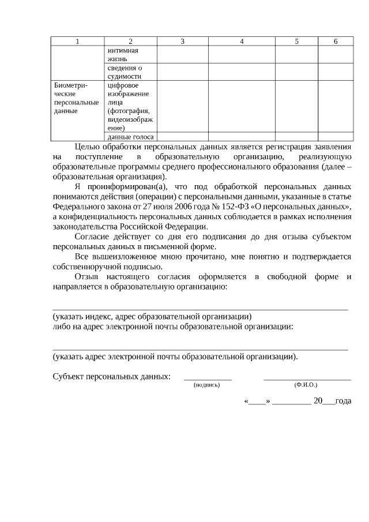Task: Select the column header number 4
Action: coord(242,41)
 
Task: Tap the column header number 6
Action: coord(336,41)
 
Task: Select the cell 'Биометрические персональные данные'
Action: coord(76,98)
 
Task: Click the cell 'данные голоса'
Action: coord(130,137)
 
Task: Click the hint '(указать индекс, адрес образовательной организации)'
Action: coord(152,317)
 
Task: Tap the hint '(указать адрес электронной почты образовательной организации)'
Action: coord(175,356)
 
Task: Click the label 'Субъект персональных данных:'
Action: coord(111,377)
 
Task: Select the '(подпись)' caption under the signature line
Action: coord(207,385)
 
